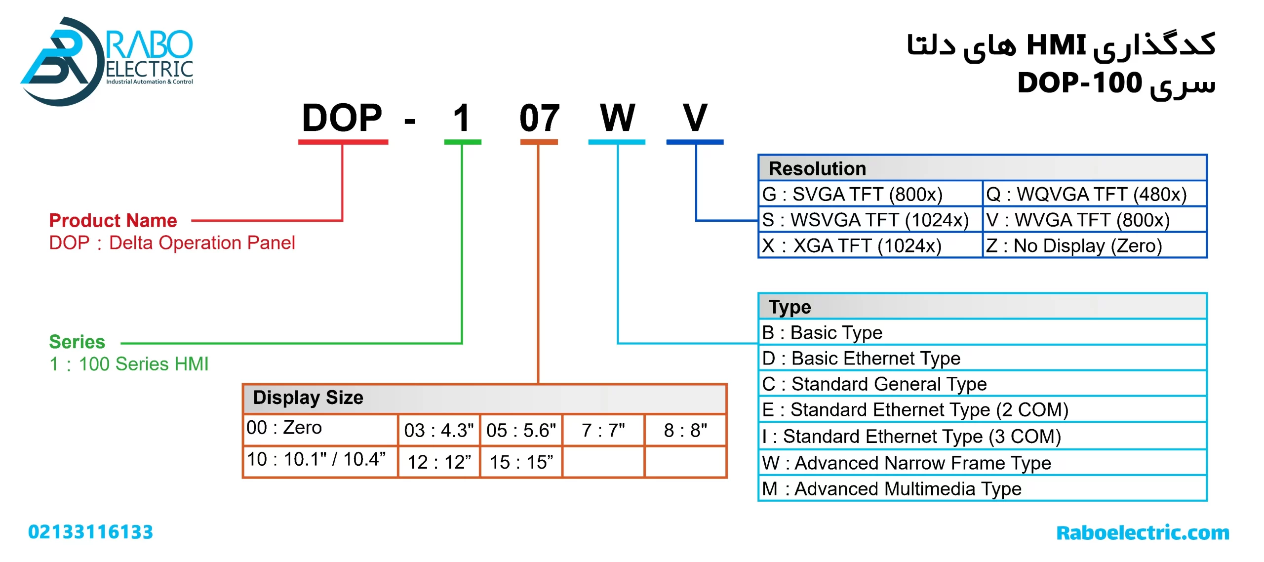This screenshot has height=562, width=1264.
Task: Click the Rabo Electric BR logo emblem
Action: (x=60, y=62)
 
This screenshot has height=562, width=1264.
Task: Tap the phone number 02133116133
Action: (x=90, y=532)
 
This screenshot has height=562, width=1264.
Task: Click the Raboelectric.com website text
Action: (x=1143, y=533)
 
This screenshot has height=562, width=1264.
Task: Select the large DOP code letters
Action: (x=342, y=119)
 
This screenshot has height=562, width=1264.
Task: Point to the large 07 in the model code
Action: (x=539, y=119)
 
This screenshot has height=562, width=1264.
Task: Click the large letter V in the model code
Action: (x=695, y=119)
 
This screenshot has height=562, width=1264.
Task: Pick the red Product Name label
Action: (x=113, y=220)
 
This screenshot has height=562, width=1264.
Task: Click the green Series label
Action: (x=77, y=342)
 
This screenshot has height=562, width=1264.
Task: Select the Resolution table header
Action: (x=817, y=169)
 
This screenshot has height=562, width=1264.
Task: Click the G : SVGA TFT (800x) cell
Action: (x=853, y=195)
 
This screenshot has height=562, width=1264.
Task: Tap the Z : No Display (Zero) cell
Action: (x=1074, y=245)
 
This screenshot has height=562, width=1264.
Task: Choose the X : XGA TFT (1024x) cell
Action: (x=852, y=245)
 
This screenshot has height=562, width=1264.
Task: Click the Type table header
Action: (x=790, y=307)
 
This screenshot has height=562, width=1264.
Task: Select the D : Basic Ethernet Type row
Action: (x=862, y=359)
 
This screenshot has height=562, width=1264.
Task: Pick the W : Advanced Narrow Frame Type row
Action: (x=907, y=463)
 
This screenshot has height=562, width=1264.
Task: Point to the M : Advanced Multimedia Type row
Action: (x=892, y=489)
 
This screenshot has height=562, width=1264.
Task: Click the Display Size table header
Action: (x=308, y=398)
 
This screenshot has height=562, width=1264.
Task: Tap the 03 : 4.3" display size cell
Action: (x=439, y=430)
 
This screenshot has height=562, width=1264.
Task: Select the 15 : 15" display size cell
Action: (x=521, y=462)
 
